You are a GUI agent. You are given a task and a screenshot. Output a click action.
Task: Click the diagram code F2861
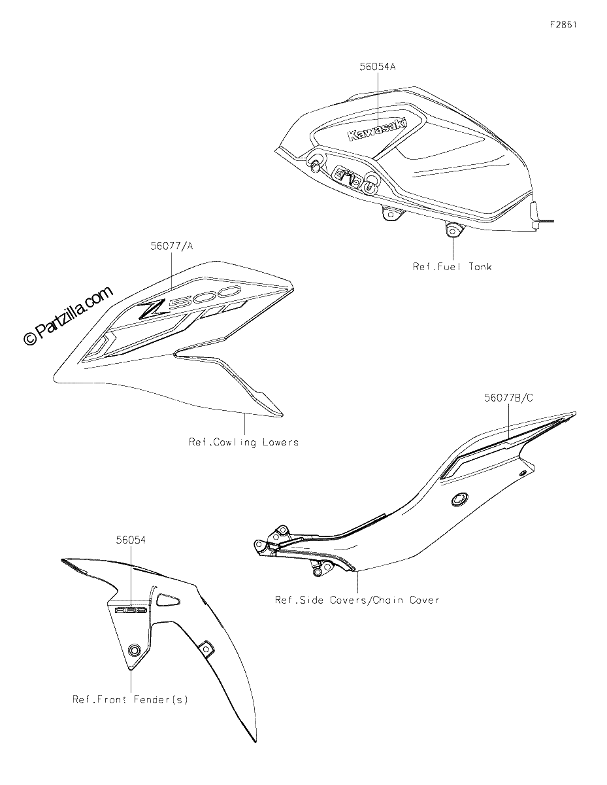[x=563, y=25]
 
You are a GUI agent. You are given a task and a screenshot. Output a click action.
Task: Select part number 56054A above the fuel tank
[x=377, y=67]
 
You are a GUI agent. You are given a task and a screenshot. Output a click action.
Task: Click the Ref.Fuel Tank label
[x=452, y=267]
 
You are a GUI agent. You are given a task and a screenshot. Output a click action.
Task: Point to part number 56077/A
[x=172, y=247]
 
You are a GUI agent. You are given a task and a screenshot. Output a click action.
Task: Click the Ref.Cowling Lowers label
[x=244, y=442]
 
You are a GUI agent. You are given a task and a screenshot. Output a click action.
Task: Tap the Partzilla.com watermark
[x=68, y=316]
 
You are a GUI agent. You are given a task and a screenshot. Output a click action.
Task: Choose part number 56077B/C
[x=509, y=398]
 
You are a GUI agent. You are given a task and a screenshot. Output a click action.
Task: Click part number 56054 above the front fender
[x=131, y=540]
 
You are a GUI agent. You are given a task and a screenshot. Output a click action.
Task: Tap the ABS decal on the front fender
[x=131, y=610]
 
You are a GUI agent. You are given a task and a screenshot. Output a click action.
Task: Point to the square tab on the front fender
[x=206, y=648]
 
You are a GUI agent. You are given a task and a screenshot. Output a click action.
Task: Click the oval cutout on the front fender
[x=168, y=600]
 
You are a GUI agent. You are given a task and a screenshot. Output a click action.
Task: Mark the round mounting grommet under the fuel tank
[x=452, y=230]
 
